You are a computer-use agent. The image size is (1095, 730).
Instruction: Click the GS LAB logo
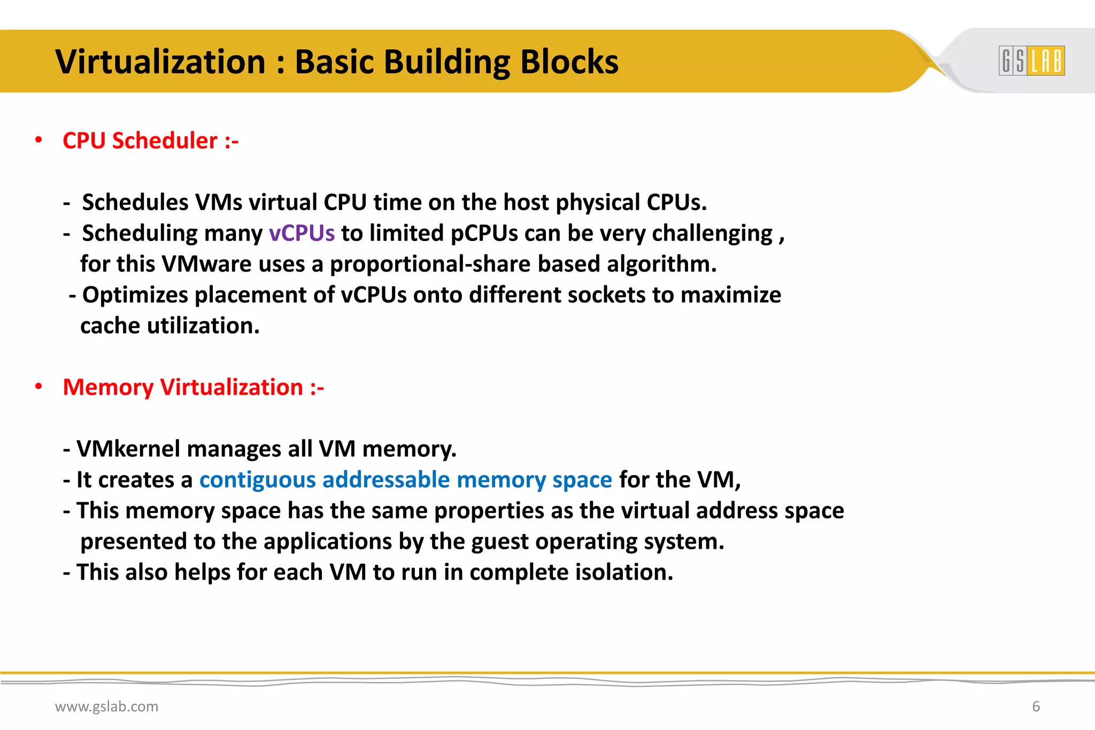1031,60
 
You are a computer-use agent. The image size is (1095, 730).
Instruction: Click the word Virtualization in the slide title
160,61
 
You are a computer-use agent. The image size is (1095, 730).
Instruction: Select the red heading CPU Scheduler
150,141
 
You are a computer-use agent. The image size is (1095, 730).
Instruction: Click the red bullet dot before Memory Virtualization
38,386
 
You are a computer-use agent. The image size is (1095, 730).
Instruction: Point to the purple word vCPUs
302,234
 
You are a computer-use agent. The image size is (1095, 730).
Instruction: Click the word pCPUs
484,234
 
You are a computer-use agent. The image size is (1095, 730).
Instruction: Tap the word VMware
206,264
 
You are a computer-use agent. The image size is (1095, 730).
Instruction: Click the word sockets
606,295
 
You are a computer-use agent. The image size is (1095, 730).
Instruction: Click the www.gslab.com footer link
106,706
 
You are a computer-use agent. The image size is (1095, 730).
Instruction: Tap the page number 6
1036,706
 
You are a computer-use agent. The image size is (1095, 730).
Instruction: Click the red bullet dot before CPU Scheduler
38,140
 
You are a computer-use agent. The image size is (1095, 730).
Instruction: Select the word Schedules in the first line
135,203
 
